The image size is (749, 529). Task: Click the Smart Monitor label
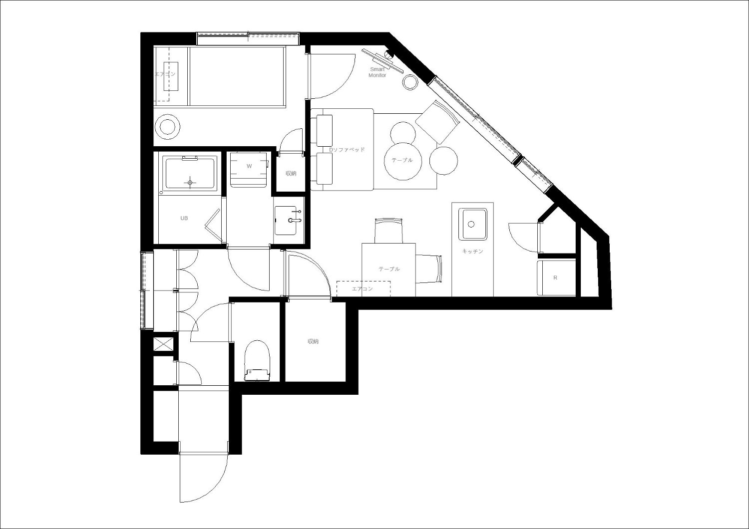coord(377,72)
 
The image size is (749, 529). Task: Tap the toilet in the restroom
coord(257,361)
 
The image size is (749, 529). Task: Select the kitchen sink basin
coord(472,224)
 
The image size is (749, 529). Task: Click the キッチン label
coord(472,252)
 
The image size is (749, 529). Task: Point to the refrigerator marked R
coord(556,277)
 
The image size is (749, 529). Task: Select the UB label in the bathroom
coord(184,218)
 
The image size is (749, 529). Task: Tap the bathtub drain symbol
coord(190,183)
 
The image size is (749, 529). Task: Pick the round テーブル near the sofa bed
coord(402,161)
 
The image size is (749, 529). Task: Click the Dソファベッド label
coord(347,150)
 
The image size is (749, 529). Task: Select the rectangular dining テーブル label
coord(389,268)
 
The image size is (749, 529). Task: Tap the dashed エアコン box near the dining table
coord(364,289)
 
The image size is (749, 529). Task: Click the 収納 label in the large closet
coord(313,341)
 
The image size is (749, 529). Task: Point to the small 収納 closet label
coord(291,174)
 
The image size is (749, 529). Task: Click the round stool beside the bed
coord(167,127)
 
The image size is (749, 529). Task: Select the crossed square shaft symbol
coord(163,344)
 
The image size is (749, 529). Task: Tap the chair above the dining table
coord(388,230)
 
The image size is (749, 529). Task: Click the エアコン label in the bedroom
coord(165,74)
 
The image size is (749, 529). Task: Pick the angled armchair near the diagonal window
coord(438,122)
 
